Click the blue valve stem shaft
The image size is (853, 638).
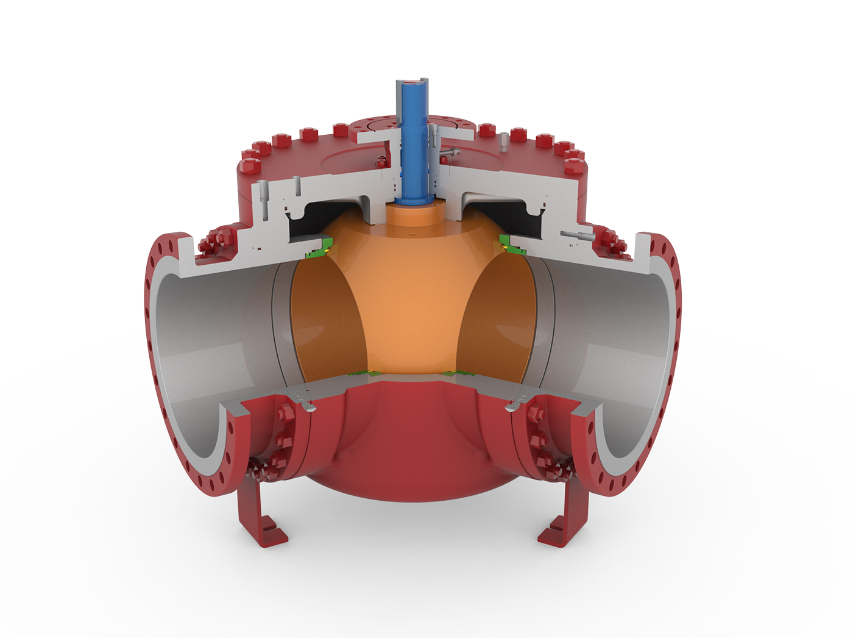click(414, 146)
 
